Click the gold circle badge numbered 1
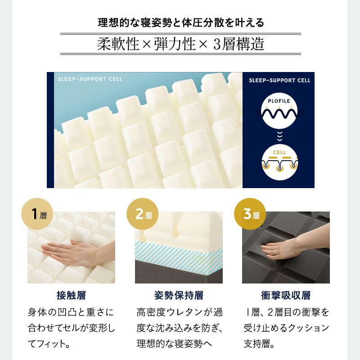(x=37, y=214)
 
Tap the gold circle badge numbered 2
(x=143, y=214)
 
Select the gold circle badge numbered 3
(x=250, y=214)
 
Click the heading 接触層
(x=71, y=295)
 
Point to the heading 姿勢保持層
(x=179, y=295)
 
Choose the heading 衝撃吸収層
(x=286, y=295)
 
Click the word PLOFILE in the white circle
(x=279, y=101)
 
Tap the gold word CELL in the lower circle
(x=279, y=153)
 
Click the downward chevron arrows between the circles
(x=279, y=137)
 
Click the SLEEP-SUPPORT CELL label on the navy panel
(x=279, y=81)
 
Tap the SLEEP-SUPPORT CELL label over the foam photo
(x=90, y=79)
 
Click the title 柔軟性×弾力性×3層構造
(x=180, y=44)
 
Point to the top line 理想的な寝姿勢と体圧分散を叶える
(x=181, y=22)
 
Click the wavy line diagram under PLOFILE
(x=279, y=113)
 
